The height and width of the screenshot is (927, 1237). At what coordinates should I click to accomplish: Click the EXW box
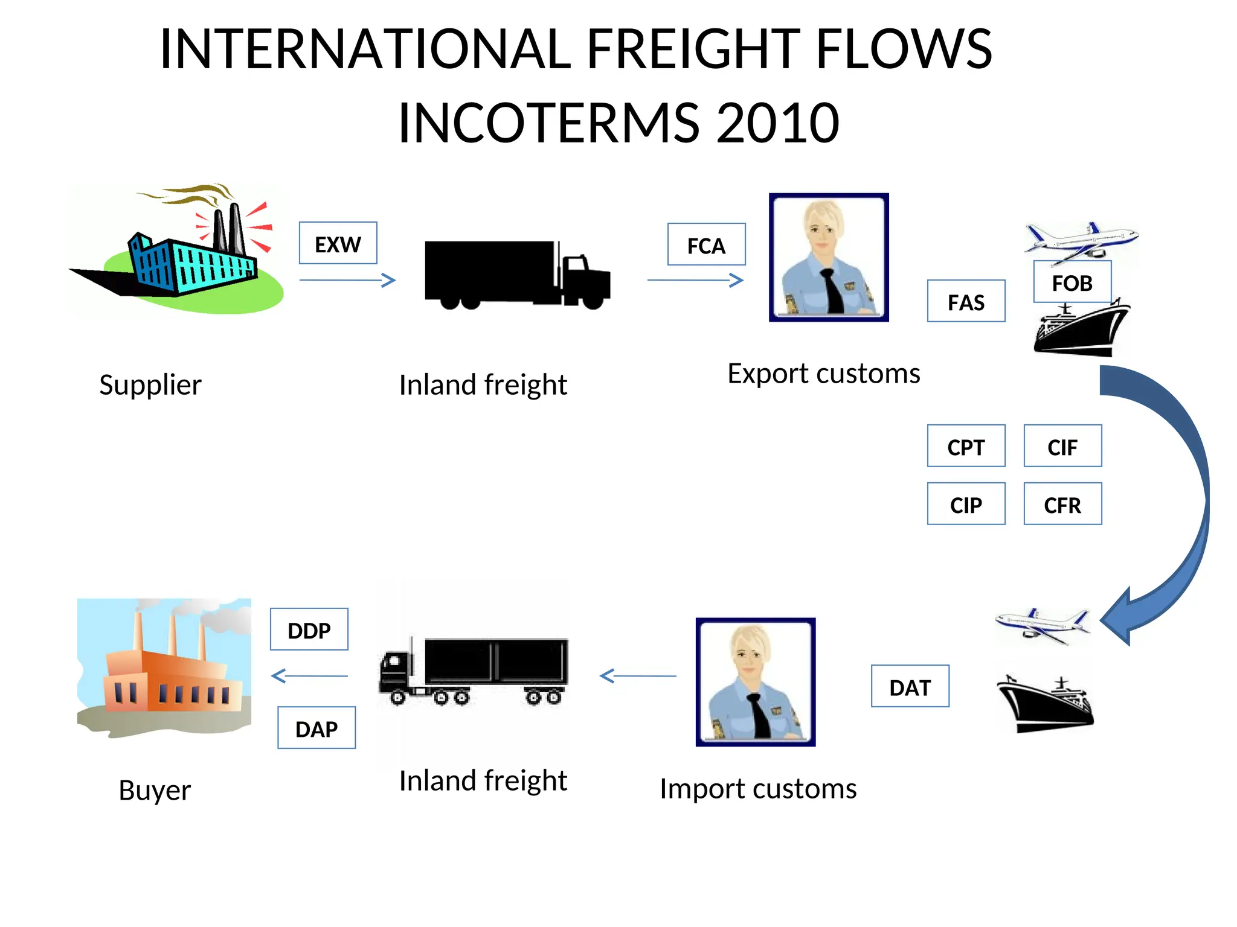click(338, 243)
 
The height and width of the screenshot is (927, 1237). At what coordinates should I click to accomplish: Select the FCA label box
click(706, 244)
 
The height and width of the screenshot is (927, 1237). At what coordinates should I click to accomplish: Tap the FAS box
click(966, 301)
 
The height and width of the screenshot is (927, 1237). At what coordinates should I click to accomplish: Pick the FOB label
click(1072, 282)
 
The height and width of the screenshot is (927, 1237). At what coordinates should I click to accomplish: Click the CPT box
click(966, 446)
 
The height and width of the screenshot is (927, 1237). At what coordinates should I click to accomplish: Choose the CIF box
click(1062, 446)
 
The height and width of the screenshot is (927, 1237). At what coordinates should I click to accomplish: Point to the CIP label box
click(966, 504)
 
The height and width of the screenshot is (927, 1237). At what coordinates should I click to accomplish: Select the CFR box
click(1062, 504)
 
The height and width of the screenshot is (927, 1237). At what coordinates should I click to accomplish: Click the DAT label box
click(910, 686)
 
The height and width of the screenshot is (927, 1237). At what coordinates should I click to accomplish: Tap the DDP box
click(309, 629)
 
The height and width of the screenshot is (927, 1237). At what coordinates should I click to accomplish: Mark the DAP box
click(316, 728)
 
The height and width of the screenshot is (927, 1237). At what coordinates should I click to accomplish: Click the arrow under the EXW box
click(347, 280)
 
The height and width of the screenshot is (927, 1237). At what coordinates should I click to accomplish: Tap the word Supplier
click(150, 385)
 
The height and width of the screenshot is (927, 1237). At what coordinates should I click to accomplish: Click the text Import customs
click(758, 789)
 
